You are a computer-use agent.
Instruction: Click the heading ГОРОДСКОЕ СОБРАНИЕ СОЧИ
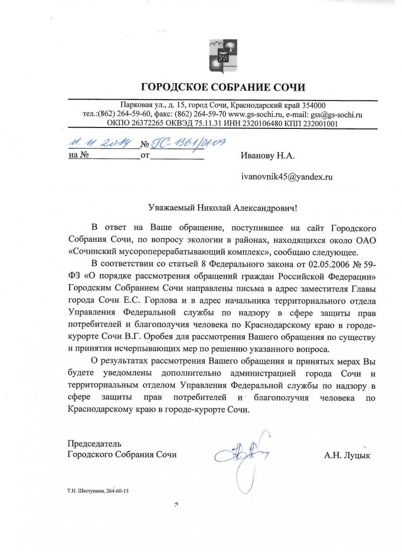(223, 87)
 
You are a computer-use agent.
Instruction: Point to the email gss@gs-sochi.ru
(336, 114)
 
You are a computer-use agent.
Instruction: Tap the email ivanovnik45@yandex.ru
(287, 177)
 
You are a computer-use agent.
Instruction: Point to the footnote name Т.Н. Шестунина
(85, 491)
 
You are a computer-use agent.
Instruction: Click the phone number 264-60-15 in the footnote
(117, 491)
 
